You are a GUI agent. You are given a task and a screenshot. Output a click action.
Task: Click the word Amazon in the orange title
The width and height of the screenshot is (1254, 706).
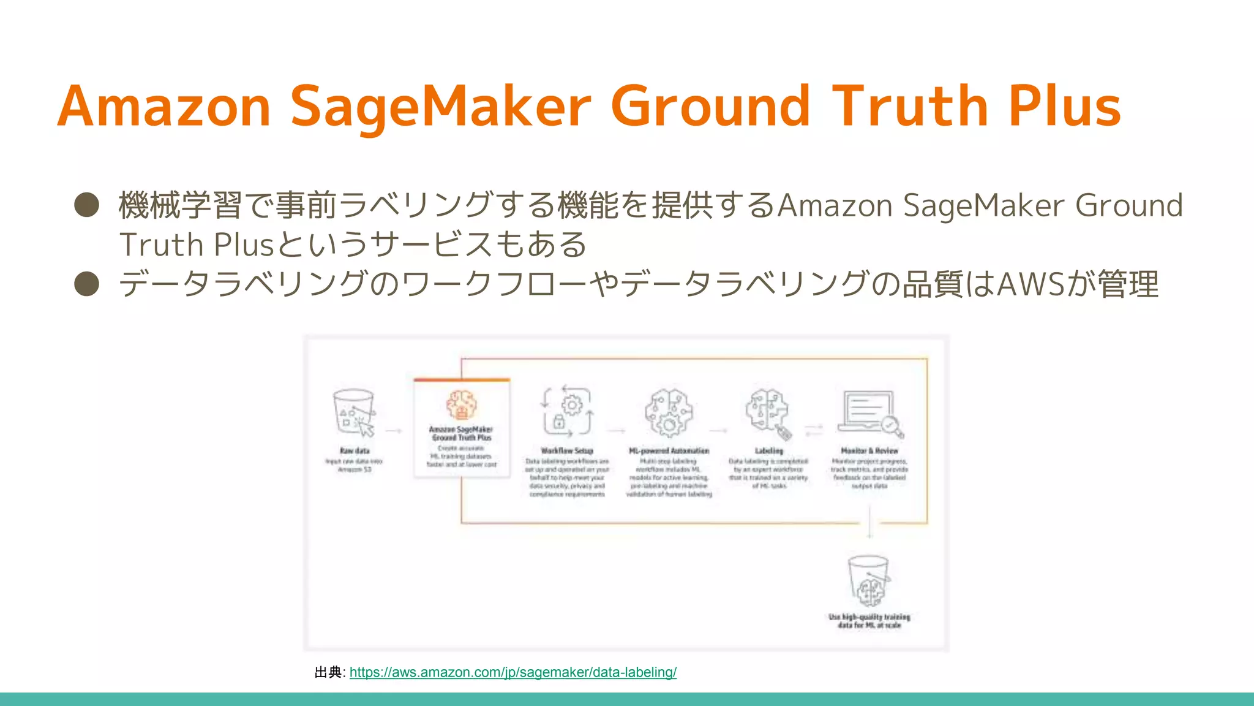tap(164, 107)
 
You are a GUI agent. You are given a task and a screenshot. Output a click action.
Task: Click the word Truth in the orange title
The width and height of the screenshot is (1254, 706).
tap(910, 107)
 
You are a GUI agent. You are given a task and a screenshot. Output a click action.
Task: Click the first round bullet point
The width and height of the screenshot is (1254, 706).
tap(87, 205)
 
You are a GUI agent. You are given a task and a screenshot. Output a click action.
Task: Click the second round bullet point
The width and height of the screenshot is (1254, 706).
tap(87, 284)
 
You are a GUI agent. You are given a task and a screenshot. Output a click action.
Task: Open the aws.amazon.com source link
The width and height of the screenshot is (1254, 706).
tap(512, 672)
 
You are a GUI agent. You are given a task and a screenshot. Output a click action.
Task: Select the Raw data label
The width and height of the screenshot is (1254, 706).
tap(355, 450)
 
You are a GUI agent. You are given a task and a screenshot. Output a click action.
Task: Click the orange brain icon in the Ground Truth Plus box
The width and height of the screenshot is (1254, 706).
tap(461, 405)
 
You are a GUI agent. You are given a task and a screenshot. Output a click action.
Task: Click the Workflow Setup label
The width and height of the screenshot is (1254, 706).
tap(567, 450)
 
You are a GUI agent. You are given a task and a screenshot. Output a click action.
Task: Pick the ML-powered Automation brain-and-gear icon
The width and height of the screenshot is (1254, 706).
tap(669, 412)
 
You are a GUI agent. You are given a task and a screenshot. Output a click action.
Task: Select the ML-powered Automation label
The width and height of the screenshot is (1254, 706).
tap(669, 450)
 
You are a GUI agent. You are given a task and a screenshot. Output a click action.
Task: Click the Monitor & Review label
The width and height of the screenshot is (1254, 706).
tap(869, 450)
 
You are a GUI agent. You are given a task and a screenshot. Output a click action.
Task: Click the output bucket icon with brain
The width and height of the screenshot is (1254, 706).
tap(869, 581)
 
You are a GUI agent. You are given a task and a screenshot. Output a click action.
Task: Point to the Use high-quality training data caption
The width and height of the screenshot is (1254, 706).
tap(869, 621)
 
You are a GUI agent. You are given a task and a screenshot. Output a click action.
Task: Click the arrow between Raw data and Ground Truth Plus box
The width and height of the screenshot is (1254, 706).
tap(393, 431)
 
